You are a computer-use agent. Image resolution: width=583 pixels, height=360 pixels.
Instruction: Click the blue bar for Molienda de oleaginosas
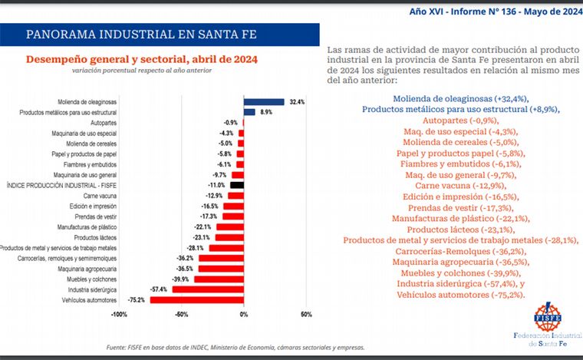pos(264,101)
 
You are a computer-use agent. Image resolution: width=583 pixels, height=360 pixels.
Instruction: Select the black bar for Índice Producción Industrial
pos(236,185)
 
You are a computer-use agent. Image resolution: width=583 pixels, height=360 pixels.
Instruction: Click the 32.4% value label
pos(297,101)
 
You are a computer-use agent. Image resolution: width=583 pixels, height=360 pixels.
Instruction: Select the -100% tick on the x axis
pos(119,315)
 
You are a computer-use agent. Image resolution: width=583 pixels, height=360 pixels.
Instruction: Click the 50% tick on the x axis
pos(305,315)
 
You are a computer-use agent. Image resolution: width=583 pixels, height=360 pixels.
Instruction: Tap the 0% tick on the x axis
pos(243,315)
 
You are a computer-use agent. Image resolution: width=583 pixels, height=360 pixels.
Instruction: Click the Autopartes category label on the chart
pos(103,123)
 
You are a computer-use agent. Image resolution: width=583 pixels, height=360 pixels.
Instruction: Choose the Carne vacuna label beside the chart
pos(100,196)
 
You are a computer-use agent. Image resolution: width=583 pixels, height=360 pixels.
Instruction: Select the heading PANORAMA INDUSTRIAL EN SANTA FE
pos(141,35)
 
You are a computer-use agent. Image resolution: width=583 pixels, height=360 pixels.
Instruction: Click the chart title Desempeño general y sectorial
pos(142,59)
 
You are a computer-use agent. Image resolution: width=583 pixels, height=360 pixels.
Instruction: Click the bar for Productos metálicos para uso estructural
pos(249,112)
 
